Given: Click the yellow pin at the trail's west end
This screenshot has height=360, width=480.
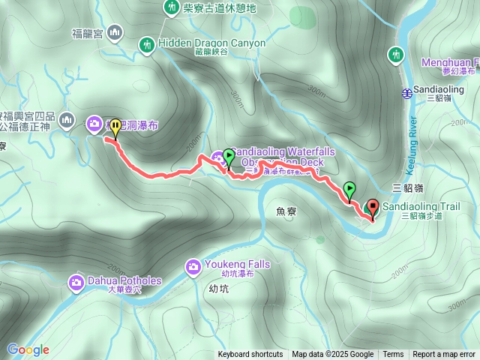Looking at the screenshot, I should click(x=115, y=128).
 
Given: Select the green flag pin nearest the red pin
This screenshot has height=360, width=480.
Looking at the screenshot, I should click(x=349, y=190).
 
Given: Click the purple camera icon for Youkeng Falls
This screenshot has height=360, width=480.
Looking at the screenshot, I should click(x=192, y=265).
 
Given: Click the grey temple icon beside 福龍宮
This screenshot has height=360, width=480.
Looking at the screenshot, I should click(x=115, y=32).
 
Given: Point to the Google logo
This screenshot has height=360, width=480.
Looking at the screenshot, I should click(x=28, y=349).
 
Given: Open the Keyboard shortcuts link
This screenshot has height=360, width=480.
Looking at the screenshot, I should click(x=250, y=355).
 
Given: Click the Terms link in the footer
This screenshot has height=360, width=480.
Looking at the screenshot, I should click(x=393, y=355).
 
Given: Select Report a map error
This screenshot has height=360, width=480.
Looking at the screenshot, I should click(x=444, y=355).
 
